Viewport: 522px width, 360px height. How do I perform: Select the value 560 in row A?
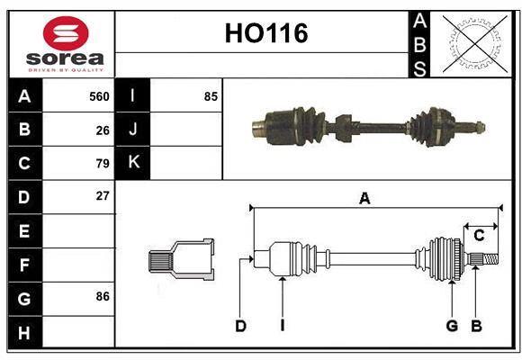coord(98,96)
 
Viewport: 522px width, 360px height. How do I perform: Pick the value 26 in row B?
coord(102,130)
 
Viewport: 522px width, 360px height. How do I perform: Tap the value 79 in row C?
coord(102,164)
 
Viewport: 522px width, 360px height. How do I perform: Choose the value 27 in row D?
coord(102,195)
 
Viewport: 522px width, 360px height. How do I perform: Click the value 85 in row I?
coord(210,96)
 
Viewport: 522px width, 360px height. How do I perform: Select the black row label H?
coord(25,332)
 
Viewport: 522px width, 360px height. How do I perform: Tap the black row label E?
coord(25,231)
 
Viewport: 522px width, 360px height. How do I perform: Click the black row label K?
coord(133,163)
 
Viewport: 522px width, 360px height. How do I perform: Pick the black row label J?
coord(133,130)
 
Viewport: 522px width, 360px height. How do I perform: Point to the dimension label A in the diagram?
coord(364,200)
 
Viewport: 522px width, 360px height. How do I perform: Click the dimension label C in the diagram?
coord(479,236)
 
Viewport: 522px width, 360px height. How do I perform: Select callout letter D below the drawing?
coord(240,326)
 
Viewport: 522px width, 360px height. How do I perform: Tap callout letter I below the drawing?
coord(282,326)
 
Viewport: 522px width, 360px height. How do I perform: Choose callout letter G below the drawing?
coord(452,326)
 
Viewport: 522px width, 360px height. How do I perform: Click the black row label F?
coord(25,265)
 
